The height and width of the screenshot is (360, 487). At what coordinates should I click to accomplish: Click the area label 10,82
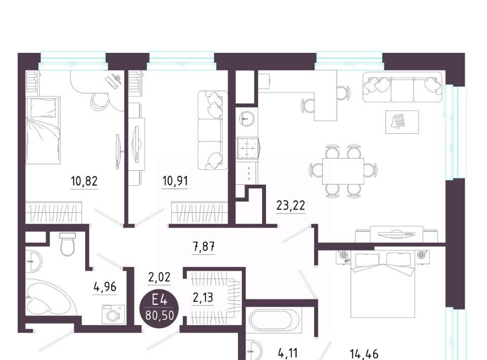click(x=84, y=181)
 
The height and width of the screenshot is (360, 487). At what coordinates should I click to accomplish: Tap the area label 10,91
click(x=175, y=181)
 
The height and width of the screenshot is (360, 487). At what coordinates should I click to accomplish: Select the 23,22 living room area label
click(x=291, y=205)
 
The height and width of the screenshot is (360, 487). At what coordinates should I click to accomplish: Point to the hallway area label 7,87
click(x=204, y=247)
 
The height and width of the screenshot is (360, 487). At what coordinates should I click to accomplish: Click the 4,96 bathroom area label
click(x=105, y=287)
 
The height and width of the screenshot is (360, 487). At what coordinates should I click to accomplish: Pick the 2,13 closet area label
click(x=203, y=298)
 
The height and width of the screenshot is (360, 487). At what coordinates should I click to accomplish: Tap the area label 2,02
click(x=159, y=277)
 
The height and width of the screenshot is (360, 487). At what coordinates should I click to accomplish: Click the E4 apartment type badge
click(x=160, y=307)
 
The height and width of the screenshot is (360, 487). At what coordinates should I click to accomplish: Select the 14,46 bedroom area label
click(x=364, y=354)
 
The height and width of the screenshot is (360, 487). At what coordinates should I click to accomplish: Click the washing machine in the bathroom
click(x=113, y=314)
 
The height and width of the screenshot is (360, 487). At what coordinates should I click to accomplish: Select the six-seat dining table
click(x=343, y=171)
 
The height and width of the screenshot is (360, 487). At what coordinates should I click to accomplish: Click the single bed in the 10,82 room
click(x=43, y=130)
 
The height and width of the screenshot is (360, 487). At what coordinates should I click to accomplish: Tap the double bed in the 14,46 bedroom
click(x=383, y=284)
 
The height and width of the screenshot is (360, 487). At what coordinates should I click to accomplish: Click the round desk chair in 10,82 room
click(x=99, y=100)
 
